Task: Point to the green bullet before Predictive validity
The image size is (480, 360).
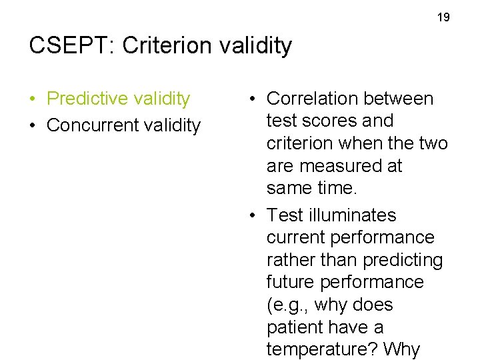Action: pos(33,99)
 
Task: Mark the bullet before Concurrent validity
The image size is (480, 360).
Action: pos(33,125)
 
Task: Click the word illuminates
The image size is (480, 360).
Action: pos(353,215)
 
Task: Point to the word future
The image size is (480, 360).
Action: pos(291,283)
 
